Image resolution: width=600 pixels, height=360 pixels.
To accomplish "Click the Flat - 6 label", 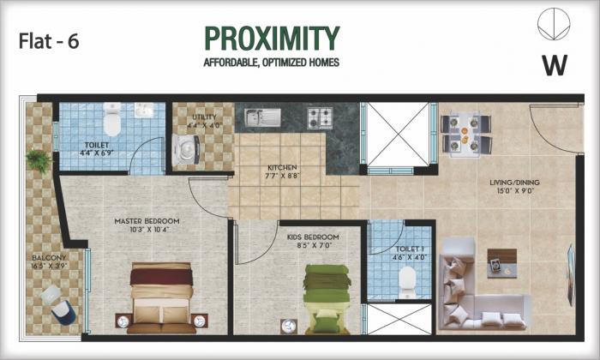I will pos(48,41).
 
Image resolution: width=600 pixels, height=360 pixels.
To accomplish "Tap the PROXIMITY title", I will pos(272,39).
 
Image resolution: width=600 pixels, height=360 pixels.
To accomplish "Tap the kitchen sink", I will pos(258,117).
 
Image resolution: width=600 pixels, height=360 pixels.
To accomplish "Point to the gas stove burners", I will pos(320,117).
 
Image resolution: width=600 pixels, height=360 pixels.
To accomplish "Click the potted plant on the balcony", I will pos(38,159).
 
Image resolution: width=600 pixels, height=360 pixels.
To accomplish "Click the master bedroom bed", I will pos(161,297).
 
